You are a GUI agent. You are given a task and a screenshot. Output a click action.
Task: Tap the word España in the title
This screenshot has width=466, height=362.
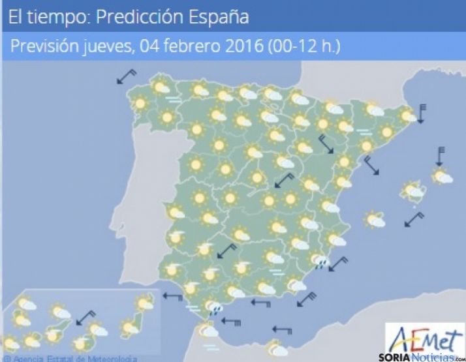[216, 17]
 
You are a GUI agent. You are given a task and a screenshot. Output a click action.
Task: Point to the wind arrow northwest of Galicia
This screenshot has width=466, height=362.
[126, 76]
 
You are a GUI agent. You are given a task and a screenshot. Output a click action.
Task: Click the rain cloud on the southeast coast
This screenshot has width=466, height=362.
[320, 262]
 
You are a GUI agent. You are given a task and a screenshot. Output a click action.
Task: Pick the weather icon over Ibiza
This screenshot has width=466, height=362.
[374, 219]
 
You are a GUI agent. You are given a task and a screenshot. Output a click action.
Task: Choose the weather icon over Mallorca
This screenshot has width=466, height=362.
[412, 191]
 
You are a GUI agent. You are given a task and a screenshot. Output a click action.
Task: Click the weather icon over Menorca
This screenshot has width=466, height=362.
[443, 175]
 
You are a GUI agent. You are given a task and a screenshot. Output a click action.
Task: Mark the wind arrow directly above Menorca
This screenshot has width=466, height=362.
[441, 157]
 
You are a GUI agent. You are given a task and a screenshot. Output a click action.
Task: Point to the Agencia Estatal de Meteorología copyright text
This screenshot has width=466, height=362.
[72, 358]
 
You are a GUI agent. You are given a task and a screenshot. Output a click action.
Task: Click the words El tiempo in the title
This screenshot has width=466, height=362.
[44, 17]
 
